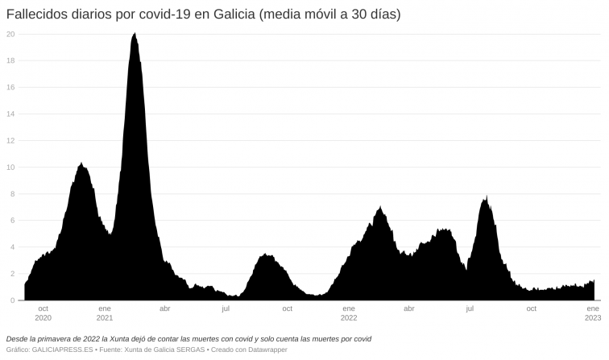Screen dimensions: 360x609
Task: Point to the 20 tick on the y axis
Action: pyautogui.click(x=10, y=34)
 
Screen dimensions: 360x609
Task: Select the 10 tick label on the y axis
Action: pyautogui.click(x=10, y=168)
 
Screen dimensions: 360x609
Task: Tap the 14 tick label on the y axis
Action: pyautogui.click(x=10, y=114)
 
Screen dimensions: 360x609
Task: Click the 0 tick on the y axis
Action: pyautogui.click(x=12, y=300)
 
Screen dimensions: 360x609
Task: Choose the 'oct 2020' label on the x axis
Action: pyautogui.click(x=43, y=312)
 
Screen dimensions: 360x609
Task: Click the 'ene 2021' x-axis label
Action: pyautogui.click(x=104, y=312)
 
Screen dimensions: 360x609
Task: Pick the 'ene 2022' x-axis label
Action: pyautogui.click(x=348, y=312)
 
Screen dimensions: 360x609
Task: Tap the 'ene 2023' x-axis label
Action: pyautogui.click(x=592, y=312)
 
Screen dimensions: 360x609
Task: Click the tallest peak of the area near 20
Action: pyautogui.click(x=135, y=34)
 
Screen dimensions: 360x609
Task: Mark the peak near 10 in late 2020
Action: pyautogui.click(x=81, y=164)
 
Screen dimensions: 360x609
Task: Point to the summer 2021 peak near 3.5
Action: pyautogui.click(x=265, y=255)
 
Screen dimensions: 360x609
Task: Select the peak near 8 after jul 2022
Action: pyautogui.click(x=486, y=197)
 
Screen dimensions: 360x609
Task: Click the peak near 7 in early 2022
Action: pyautogui.click(x=379, y=208)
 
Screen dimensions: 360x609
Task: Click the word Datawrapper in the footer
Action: pyautogui.click(x=266, y=350)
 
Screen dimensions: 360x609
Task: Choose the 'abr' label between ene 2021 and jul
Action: pyautogui.click(x=165, y=308)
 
